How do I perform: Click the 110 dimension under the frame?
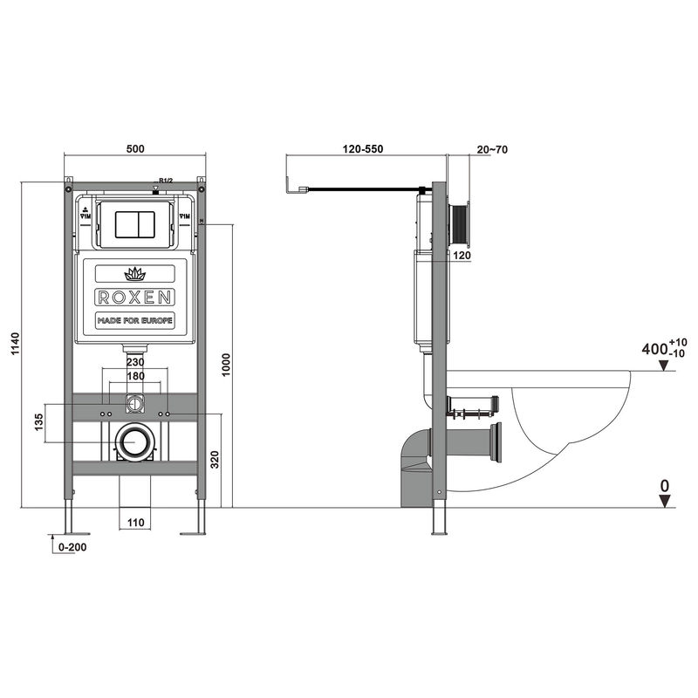point(134,523)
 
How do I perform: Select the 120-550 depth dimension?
point(363,150)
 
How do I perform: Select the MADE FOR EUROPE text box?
point(134,321)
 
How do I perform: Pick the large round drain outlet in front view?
point(134,442)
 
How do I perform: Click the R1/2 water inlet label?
point(166,179)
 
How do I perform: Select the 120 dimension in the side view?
point(462,256)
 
